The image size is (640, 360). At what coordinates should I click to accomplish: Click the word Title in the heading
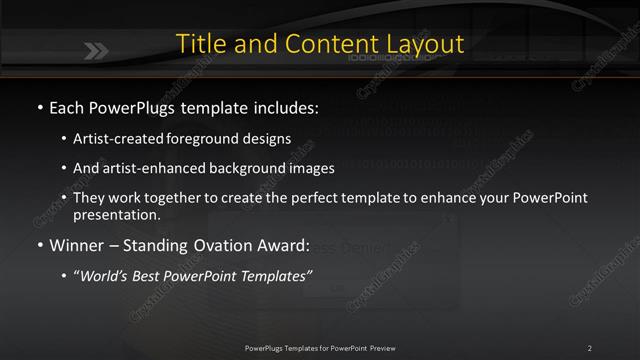pos(198,45)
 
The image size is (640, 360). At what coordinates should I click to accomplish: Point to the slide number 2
pos(590,348)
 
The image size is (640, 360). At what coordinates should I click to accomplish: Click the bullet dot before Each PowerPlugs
pos(38,107)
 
